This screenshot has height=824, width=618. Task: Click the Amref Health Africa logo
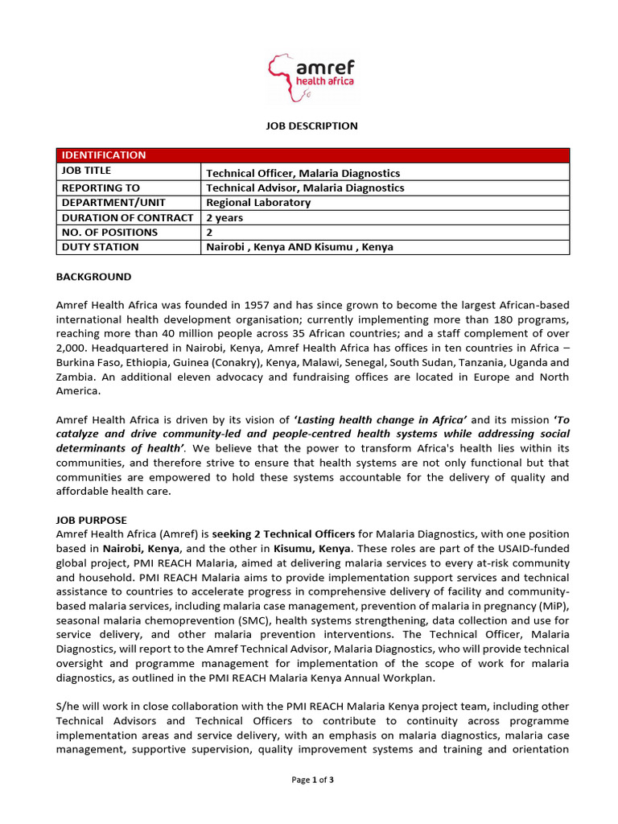point(312,78)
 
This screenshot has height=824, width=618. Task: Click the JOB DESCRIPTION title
point(312,126)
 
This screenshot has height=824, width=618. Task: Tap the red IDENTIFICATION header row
point(312,155)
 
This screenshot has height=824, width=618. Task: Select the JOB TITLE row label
point(86,171)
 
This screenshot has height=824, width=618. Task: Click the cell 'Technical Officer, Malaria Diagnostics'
point(303,173)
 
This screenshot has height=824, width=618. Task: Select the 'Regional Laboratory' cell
point(257,203)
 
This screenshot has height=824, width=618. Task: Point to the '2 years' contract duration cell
point(225,217)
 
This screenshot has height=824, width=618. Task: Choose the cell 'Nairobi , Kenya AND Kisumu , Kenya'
point(299,247)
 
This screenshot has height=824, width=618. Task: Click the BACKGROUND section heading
point(93,277)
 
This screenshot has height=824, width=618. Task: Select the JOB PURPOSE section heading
point(92,520)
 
